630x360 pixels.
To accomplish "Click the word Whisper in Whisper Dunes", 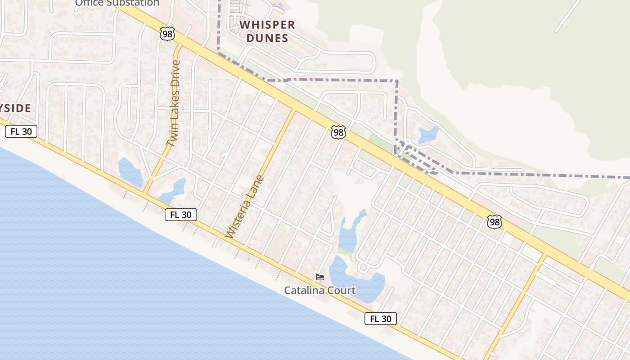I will pos(267,25).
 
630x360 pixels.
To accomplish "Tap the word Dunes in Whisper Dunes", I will pos(267,38).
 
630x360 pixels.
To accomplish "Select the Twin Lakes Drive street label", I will pos(173,103).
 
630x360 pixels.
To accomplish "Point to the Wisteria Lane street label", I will pos(244,207).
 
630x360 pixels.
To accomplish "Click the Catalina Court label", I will pos(319,290).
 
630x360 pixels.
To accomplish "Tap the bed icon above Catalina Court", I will pos(320,277).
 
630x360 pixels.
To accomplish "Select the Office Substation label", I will pos(117,3).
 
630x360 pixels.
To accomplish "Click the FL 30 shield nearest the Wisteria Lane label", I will pos(181,215).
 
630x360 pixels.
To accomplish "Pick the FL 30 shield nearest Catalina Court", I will pos(381,319).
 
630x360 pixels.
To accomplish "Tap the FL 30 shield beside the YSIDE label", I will pos(21,132).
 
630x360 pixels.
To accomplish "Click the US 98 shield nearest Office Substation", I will pos(167,33).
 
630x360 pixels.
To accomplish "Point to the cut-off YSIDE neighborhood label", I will pos(15,108).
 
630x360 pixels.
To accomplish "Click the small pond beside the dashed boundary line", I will pos(428,135).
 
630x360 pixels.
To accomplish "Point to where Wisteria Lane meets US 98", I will pos(295,110).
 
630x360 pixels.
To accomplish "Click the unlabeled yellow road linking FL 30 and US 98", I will pos(517,301).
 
